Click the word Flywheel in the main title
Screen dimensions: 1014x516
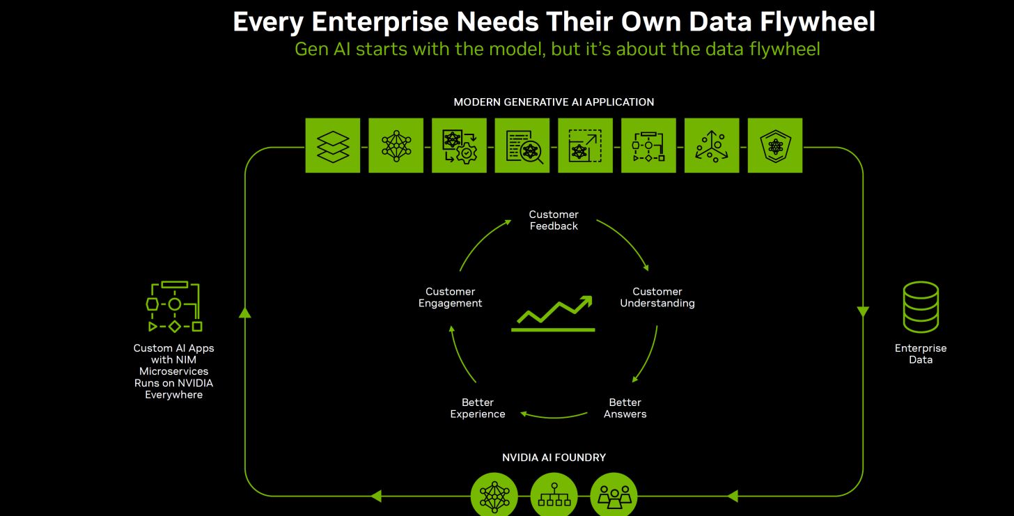coord(818,22)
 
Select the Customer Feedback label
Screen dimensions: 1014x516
coord(554,220)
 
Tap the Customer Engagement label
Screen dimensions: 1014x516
coord(450,297)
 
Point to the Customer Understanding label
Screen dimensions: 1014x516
coord(657,297)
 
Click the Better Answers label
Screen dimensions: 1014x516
coord(625,408)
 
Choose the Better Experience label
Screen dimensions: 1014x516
coord(478,408)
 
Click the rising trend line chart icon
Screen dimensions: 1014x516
coord(553,313)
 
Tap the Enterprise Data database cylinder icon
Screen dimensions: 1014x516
coord(921,307)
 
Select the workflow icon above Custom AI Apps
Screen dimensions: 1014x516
coord(174,306)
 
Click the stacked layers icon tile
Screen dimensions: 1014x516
coord(333,146)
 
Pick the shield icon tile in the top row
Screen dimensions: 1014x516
coord(775,146)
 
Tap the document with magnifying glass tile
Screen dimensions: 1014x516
coord(522,146)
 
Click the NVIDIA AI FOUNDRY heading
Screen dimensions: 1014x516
coord(554,457)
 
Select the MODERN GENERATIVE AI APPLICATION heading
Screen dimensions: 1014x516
coord(554,102)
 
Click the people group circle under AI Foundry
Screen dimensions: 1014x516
coord(614,495)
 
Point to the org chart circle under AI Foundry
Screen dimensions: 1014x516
coord(554,495)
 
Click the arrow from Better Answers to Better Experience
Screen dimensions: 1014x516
coord(554,416)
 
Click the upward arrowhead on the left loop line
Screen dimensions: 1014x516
coord(245,312)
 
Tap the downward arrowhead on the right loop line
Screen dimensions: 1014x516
coord(863,312)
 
